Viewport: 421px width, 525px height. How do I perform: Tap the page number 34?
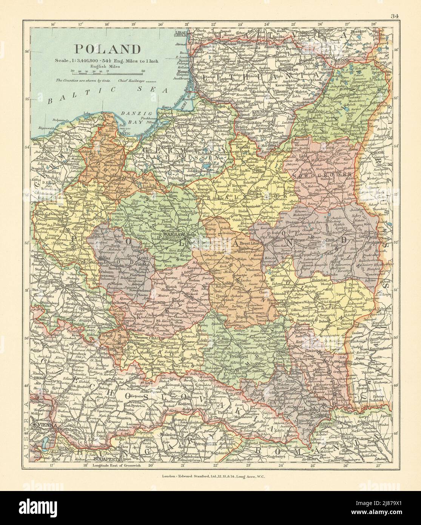tap(395, 5)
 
